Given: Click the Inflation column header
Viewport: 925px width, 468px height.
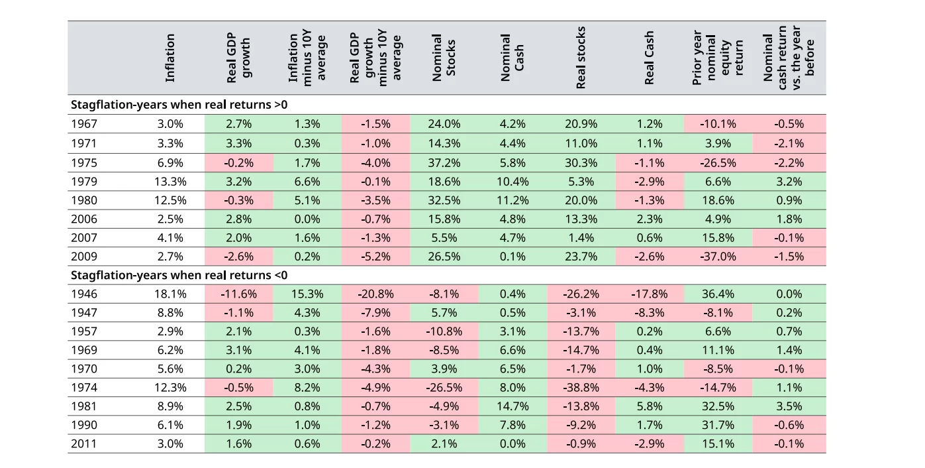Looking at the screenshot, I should pos(170,58).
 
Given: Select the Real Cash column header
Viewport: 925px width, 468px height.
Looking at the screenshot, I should pos(649,58).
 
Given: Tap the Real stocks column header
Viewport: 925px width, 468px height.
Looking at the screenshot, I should pos(581,58).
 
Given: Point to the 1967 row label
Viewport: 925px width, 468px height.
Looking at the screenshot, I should pos(83,123).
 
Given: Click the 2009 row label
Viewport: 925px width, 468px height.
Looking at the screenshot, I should pos(83,257).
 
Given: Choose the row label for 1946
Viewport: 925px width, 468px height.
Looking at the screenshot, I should pos(83,294).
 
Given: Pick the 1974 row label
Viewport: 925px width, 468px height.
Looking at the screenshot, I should pos(83,388).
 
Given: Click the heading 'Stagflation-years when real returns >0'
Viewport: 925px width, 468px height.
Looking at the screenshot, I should pos(179,105).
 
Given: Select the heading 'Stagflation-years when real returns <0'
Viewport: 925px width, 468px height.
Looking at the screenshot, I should pos(179,275).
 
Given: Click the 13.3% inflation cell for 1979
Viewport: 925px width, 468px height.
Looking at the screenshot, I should pos(170,182).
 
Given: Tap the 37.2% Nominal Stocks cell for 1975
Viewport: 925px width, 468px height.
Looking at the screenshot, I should pos(444,163).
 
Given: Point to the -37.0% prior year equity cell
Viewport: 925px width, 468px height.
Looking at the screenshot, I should pos(717,257).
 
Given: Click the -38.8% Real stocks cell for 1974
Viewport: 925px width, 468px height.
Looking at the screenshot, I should pos(581,388).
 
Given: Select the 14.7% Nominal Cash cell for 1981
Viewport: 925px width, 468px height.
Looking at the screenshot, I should pos(512,406).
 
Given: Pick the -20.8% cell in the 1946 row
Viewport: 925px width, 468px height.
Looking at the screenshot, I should pos(375,294).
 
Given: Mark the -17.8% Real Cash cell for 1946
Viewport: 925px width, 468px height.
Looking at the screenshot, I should pos(649,294).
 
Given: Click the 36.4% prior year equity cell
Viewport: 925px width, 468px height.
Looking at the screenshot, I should pos(717,294).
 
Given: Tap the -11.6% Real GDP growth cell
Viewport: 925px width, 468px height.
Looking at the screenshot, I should pos(239,294).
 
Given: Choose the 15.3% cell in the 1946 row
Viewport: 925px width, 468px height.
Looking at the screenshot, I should pos(307,294).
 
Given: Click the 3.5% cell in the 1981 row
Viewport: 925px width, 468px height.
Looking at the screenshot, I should pos(789,406).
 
